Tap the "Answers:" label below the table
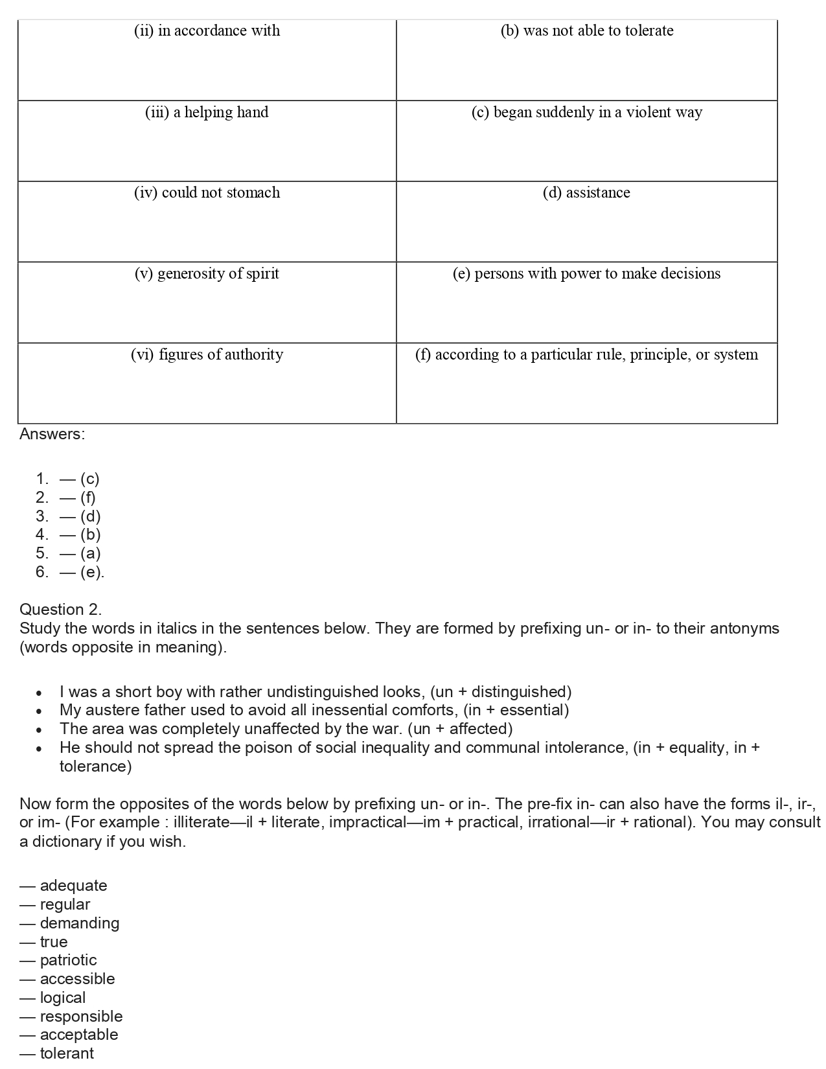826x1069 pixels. click(x=52, y=434)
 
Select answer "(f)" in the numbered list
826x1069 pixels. click(x=87, y=498)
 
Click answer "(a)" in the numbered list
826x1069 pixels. click(x=90, y=553)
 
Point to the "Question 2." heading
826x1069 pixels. click(x=60, y=610)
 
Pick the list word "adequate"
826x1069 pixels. click(x=73, y=886)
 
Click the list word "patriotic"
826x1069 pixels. click(x=68, y=960)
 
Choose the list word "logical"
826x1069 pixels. click(x=63, y=998)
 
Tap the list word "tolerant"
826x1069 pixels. click(x=67, y=1053)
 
